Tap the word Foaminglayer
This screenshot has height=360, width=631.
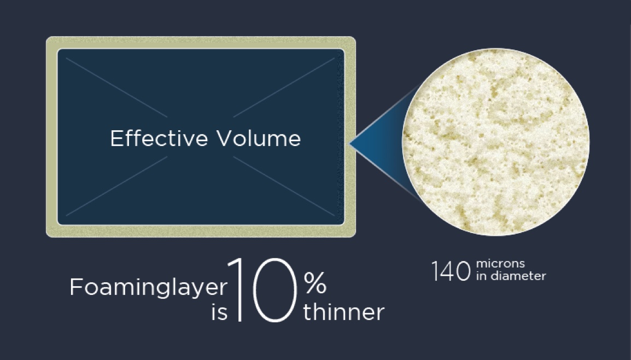point(148,288)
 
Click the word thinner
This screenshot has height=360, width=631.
point(344,312)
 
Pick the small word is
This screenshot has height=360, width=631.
point(219,313)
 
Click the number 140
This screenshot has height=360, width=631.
point(451,271)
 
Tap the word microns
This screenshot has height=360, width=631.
point(500,265)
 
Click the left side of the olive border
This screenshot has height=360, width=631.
point(51,137)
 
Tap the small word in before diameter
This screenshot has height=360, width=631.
point(481,276)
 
